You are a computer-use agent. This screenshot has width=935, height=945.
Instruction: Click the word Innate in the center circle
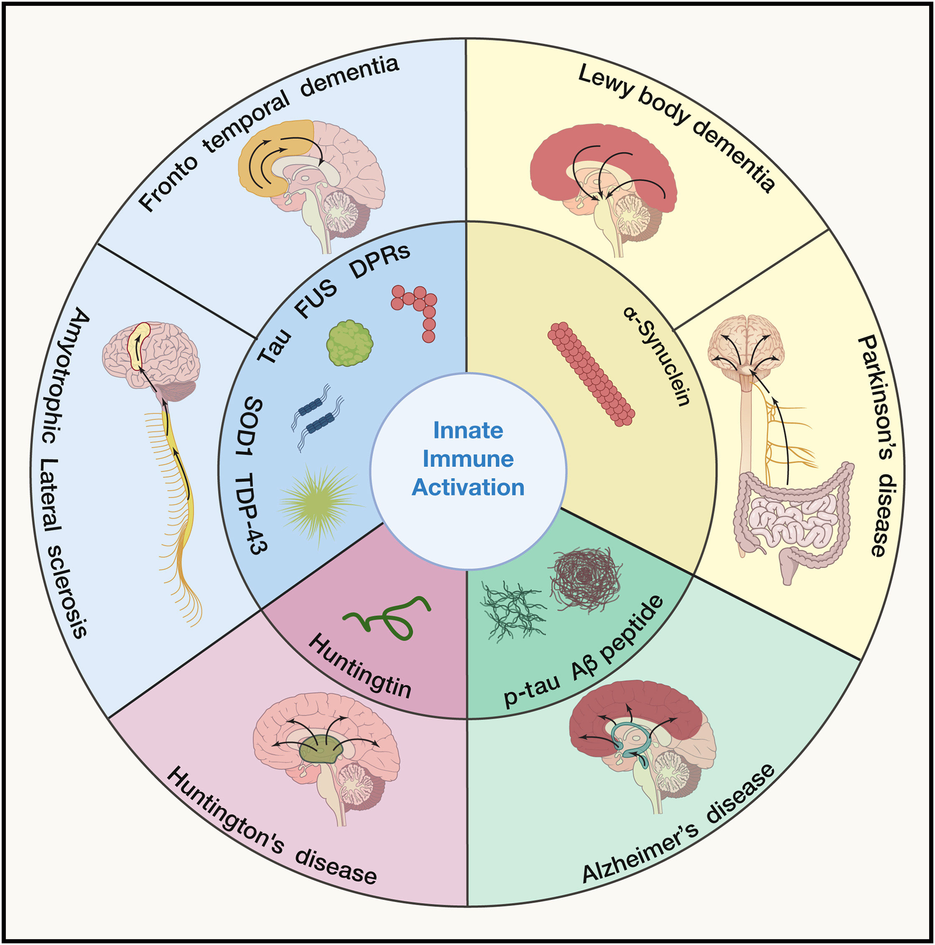point(468,431)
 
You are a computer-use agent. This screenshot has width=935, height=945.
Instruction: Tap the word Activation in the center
point(468,488)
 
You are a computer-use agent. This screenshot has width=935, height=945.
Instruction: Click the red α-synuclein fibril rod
point(591,374)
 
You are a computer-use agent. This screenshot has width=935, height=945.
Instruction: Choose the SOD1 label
point(252,426)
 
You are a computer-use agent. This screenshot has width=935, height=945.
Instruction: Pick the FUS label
point(316,298)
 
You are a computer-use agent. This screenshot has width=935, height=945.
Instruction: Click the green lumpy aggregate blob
point(349,343)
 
